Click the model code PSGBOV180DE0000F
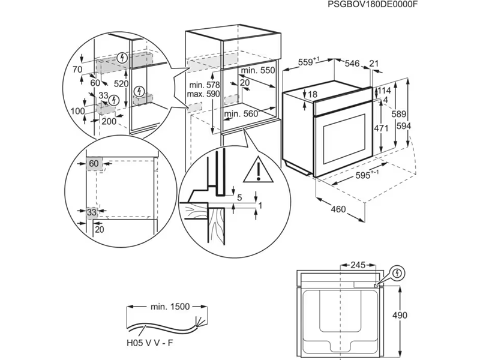click(x=373, y=5)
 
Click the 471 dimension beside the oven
click(x=381, y=128)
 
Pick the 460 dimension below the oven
click(x=338, y=209)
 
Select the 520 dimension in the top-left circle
click(x=122, y=84)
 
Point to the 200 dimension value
click(x=109, y=121)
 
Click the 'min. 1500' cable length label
click(x=170, y=307)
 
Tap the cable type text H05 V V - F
click(x=150, y=343)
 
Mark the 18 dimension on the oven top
click(x=312, y=94)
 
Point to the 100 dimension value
click(x=77, y=112)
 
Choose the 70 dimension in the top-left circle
click(x=77, y=70)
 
